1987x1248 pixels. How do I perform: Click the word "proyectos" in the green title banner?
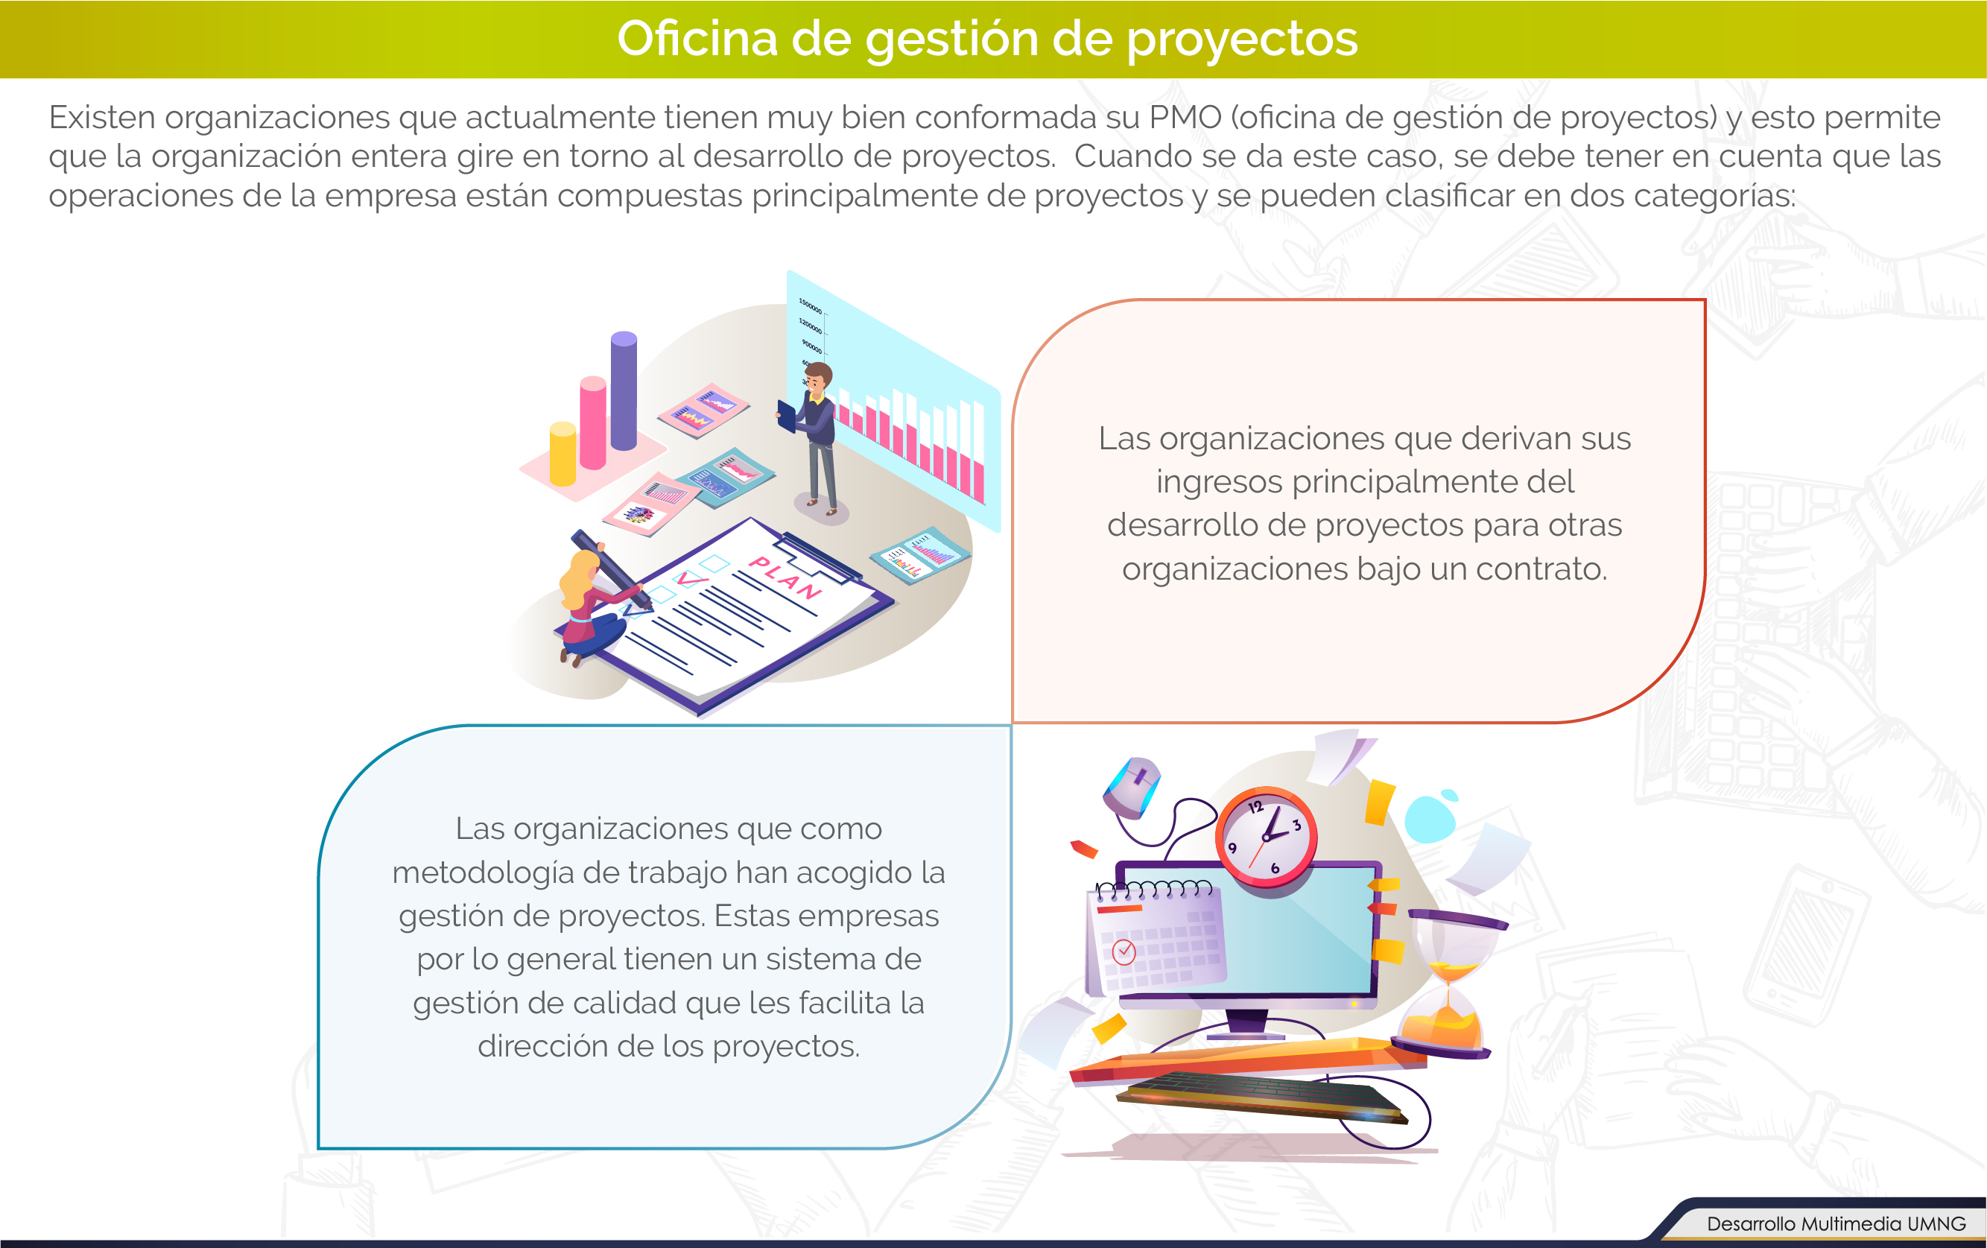click(x=1242, y=39)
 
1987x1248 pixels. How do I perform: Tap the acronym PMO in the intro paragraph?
click(x=1186, y=117)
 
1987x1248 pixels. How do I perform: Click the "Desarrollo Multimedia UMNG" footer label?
click(x=1836, y=1223)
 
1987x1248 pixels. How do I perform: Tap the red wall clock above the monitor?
click(x=1265, y=837)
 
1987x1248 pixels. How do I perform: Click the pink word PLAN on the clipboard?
click(x=785, y=577)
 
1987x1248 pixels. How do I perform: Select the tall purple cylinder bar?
click(x=624, y=390)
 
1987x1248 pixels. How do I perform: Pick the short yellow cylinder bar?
click(x=562, y=453)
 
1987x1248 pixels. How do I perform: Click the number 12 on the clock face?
click(x=1256, y=807)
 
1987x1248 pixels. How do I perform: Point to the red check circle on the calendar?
click(x=1124, y=951)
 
